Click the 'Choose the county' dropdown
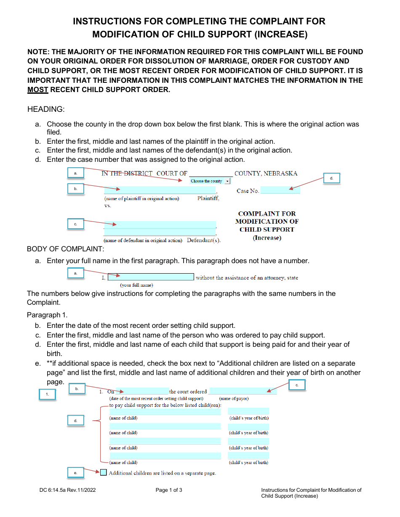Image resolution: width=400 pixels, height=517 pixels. click(210, 181)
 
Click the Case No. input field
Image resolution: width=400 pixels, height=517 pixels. click(280, 191)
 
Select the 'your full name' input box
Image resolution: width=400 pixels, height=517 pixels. click(151, 277)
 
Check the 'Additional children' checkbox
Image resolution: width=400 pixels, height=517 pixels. click(104, 472)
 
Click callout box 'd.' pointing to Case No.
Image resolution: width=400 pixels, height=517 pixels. click(331, 178)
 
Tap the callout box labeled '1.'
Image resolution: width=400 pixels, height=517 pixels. click(48, 394)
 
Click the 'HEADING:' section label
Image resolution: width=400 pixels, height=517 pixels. click(46, 109)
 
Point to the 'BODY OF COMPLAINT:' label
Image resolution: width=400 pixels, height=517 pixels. click(65, 249)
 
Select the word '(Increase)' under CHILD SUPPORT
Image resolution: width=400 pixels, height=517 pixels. click(267, 238)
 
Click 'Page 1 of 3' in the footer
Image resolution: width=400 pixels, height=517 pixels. click(169, 490)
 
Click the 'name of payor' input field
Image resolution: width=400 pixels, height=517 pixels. click(243, 391)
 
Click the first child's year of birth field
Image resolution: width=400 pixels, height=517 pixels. click(248, 411)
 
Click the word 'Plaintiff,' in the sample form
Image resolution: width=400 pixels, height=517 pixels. click(208, 198)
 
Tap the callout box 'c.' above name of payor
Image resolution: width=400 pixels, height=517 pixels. click(297, 385)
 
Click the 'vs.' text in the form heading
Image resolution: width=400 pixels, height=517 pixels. click(108, 206)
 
